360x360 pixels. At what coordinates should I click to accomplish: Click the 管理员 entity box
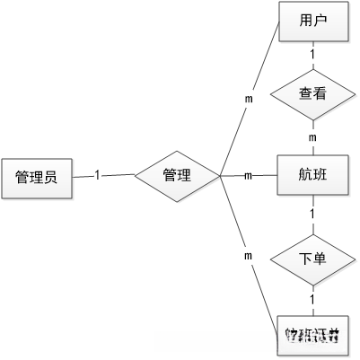point(36,178)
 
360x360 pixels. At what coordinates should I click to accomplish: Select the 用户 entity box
point(312,22)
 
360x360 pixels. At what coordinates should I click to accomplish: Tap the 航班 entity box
point(312,176)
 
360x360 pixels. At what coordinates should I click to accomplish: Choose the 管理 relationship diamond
point(176,176)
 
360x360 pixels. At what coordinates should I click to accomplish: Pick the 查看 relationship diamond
point(312,92)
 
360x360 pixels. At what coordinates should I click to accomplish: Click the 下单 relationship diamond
point(312,259)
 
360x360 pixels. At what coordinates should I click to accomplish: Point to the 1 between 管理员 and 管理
point(97,175)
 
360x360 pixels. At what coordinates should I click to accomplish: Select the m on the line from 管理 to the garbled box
point(247,257)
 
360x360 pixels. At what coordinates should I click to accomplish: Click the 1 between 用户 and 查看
point(312,56)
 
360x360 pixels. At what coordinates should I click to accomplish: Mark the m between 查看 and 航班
point(312,137)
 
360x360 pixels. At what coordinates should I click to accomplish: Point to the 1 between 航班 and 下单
point(312,215)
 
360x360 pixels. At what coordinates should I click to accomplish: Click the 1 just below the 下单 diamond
point(312,299)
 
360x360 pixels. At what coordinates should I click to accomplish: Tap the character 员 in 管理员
point(51,178)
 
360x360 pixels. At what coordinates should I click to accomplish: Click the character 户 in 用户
point(320,22)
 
